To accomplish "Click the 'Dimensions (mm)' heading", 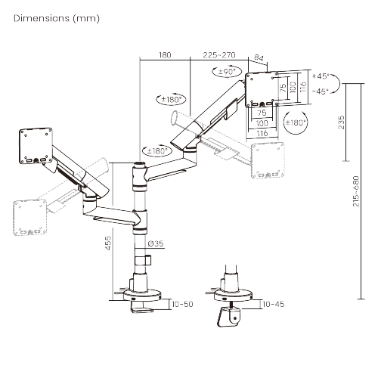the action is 57,18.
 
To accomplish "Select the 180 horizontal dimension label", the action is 165,55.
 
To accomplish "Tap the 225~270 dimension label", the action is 219,55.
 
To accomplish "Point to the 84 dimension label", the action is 259,57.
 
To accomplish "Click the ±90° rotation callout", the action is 227,72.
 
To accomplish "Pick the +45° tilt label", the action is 321,76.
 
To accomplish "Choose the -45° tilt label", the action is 321,91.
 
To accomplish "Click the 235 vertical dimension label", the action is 341,122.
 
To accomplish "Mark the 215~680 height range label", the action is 356,191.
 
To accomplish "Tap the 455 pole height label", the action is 108,243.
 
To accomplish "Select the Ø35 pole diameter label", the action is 156,243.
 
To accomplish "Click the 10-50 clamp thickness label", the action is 182,304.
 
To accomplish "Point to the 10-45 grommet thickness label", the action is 274,304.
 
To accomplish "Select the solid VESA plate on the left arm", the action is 36,146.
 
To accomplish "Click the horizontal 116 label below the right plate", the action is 262,133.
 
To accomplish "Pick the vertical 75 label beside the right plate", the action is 283,88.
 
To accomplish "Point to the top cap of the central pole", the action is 139,165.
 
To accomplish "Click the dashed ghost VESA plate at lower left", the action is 30,217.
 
